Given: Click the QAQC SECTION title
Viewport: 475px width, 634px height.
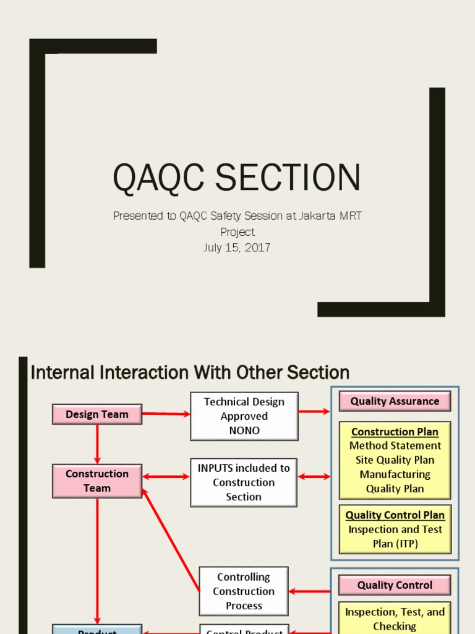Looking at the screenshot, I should point(236,177).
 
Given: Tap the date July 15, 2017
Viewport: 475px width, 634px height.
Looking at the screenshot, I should point(237,248).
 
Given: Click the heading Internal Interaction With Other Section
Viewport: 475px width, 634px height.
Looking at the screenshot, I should point(190,373).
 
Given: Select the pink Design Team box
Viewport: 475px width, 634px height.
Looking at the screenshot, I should point(97,414).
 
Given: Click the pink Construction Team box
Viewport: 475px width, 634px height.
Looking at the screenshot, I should point(97,481).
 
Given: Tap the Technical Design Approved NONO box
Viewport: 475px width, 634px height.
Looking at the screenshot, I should point(244,416).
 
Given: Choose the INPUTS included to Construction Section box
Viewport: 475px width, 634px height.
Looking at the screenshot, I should point(244,482).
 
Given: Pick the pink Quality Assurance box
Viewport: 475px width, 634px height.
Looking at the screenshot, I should point(395,401).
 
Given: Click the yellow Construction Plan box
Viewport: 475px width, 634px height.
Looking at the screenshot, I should point(395,460).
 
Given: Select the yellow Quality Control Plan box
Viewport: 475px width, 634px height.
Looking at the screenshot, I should point(395,529).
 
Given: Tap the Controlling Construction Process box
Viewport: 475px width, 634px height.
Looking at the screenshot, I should point(244,591).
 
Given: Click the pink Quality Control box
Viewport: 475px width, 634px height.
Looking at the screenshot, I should point(395,585).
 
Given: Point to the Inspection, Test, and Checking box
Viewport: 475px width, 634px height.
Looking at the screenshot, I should point(395,619).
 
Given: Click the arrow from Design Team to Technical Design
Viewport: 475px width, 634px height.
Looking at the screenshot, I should point(166,414).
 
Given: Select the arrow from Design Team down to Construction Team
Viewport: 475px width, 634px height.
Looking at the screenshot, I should point(97,444).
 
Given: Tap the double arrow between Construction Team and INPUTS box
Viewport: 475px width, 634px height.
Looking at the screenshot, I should point(166,477).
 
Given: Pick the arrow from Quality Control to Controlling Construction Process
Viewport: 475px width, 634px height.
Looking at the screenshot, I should point(309,591).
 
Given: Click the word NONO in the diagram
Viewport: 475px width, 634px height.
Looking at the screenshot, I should point(244,430).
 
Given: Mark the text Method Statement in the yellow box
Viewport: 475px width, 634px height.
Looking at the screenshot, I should point(395,446).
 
